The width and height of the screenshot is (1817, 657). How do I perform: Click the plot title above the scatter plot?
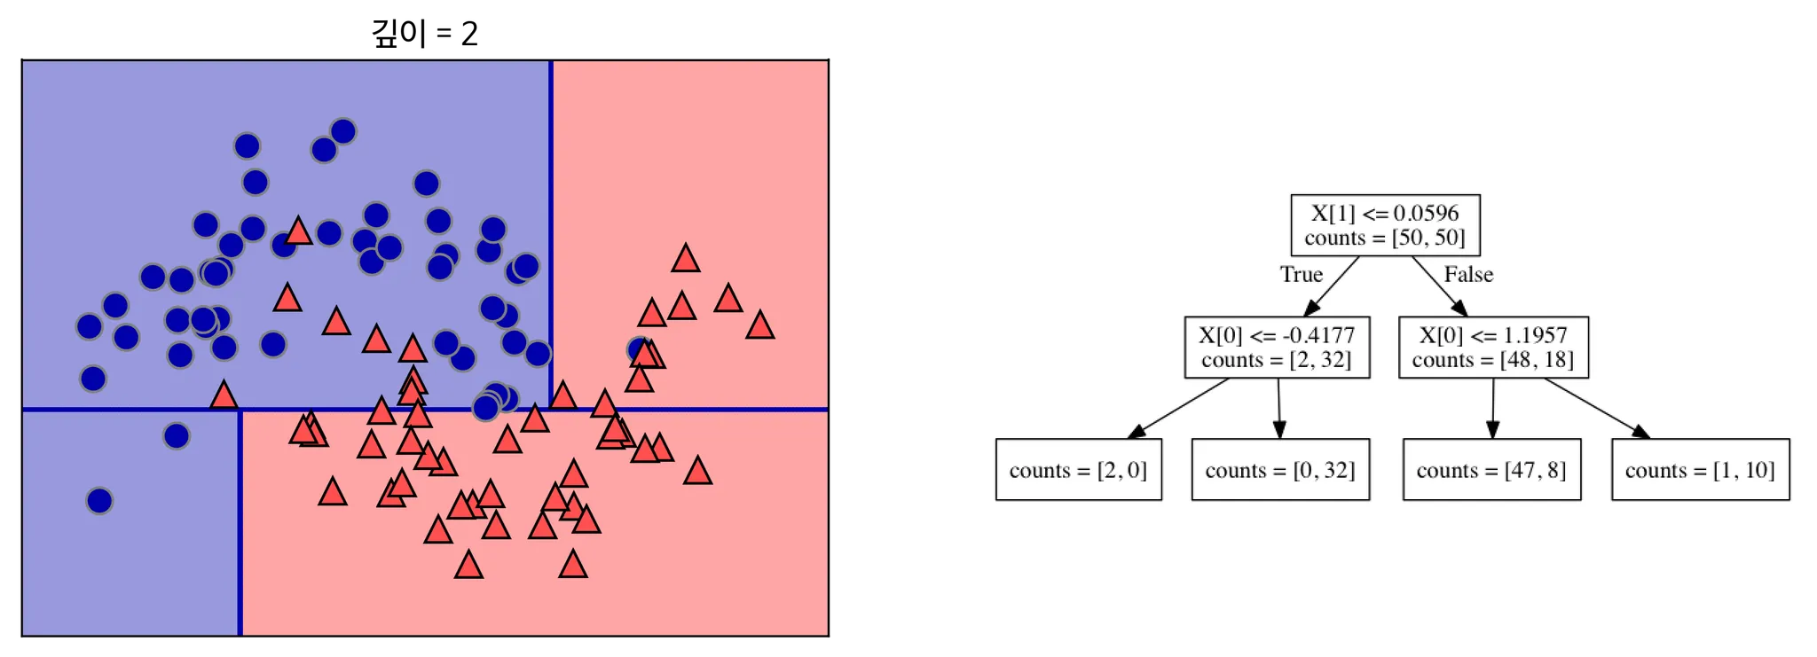tap(425, 34)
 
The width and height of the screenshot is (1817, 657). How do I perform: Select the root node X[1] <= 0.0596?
tap(1385, 225)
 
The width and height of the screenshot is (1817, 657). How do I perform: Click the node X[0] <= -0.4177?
tap(1277, 348)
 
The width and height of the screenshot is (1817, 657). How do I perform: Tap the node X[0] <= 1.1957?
tap(1493, 348)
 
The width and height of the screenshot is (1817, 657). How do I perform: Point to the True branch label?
tap(1301, 275)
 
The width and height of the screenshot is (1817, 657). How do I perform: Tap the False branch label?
tap(1468, 275)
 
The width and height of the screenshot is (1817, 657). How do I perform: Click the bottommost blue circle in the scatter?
tap(99, 501)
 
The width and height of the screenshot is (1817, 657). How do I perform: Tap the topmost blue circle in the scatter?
tap(343, 131)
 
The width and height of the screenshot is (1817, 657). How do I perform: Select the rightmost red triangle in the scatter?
tap(759, 325)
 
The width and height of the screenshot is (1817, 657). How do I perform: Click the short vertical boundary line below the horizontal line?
tap(240, 523)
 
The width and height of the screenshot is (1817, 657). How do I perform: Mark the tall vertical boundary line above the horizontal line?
tap(551, 235)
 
